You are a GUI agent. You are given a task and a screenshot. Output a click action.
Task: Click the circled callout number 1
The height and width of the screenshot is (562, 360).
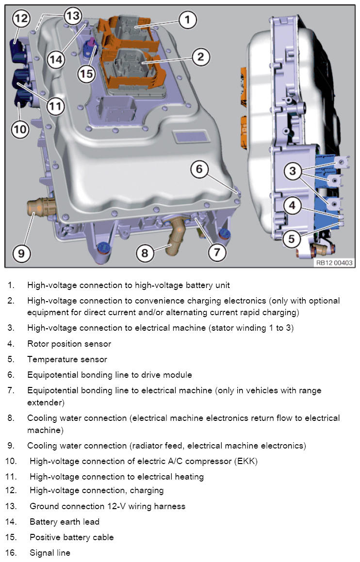[x=187, y=20]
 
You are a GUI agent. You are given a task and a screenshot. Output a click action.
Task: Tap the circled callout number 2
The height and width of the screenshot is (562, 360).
[x=200, y=57]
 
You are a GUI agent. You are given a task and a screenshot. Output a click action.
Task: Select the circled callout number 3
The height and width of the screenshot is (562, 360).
[x=292, y=171]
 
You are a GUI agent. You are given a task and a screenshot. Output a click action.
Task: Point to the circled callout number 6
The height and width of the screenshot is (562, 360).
[x=199, y=169]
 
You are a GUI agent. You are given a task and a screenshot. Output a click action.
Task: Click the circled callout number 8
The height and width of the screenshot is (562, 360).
[x=145, y=252]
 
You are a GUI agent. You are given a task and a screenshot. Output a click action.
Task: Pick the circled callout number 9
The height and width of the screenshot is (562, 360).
[x=21, y=253]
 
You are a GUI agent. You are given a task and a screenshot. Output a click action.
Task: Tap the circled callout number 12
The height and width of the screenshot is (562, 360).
[x=21, y=19]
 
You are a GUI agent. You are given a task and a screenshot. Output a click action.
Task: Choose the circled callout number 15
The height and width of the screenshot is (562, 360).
[x=87, y=74]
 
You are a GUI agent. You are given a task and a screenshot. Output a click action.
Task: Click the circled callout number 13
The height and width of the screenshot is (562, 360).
[x=72, y=16]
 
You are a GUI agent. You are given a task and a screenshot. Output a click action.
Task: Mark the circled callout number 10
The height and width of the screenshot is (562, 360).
[x=20, y=129]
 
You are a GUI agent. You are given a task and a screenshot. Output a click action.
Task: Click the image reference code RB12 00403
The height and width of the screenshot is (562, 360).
[x=334, y=263]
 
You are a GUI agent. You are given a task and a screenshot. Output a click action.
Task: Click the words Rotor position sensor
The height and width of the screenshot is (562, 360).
[x=69, y=344]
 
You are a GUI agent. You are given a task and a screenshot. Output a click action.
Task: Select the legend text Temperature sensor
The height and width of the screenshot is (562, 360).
[x=67, y=359]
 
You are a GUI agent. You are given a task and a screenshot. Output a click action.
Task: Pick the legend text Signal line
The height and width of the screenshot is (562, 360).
[x=49, y=553]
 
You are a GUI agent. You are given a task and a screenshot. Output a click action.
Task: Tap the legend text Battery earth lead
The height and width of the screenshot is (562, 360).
[x=64, y=522]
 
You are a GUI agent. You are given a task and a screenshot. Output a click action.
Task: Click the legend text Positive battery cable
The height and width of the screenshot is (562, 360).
[x=71, y=537]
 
